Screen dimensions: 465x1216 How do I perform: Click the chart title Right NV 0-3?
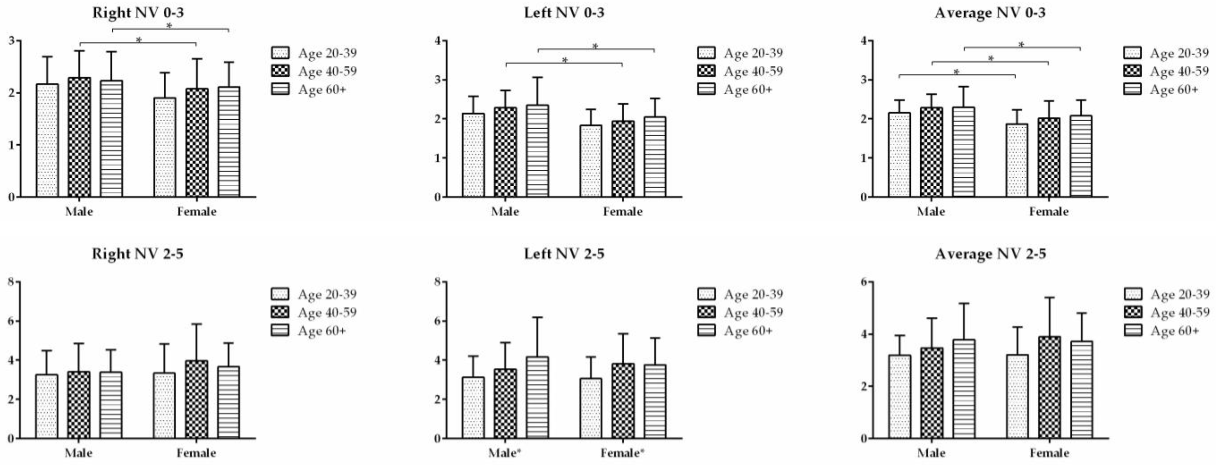pyautogui.click(x=138, y=12)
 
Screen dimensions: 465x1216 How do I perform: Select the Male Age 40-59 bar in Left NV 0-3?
pyautogui.click(x=505, y=152)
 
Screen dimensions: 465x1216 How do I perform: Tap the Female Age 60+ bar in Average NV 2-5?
pyautogui.click(x=1081, y=390)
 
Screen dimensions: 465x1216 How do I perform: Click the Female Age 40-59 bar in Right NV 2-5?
pyautogui.click(x=196, y=400)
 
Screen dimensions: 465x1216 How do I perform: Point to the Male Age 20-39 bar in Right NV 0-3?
pyautogui.click(x=47, y=140)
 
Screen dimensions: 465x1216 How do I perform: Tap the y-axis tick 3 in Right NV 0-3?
pyautogui.click(x=11, y=40)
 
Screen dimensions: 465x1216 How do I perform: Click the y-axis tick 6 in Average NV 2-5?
pyautogui.click(x=863, y=282)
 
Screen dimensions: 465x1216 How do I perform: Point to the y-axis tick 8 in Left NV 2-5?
pyautogui.click(x=437, y=282)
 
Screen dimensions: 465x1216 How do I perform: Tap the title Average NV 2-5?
pyautogui.click(x=990, y=254)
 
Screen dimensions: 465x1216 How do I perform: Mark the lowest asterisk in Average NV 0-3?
pyautogui.click(x=956, y=72)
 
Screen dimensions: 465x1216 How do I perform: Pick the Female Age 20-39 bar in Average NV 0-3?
pyautogui.click(x=1017, y=160)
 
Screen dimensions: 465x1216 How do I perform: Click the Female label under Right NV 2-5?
pyautogui.click(x=196, y=453)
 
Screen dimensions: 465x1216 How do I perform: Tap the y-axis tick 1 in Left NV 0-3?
pyautogui.click(x=437, y=158)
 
